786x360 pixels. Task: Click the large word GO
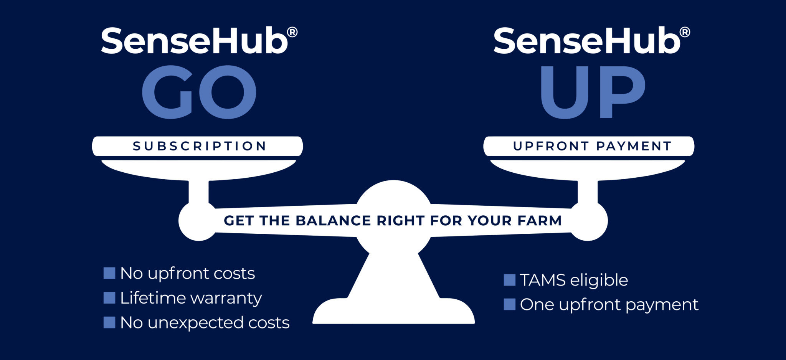[x=199, y=92]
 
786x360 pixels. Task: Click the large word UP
[x=593, y=92]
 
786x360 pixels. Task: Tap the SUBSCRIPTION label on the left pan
[x=199, y=146]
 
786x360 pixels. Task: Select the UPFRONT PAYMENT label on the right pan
[x=592, y=146]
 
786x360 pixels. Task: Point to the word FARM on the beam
[x=539, y=221]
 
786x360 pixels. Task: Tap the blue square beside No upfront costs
[x=109, y=273]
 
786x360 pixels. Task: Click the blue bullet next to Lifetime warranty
[x=109, y=298]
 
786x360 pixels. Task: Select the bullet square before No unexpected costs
[x=109, y=323]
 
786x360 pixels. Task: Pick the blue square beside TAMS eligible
[x=509, y=280]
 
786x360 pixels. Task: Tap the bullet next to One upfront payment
[x=509, y=304]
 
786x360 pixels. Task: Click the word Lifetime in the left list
[x=153, y=298]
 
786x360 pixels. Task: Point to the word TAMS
[x=542, y=280]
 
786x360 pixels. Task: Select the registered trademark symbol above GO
[x=292, y=32]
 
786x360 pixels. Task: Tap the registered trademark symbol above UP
[x=685, y=32]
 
